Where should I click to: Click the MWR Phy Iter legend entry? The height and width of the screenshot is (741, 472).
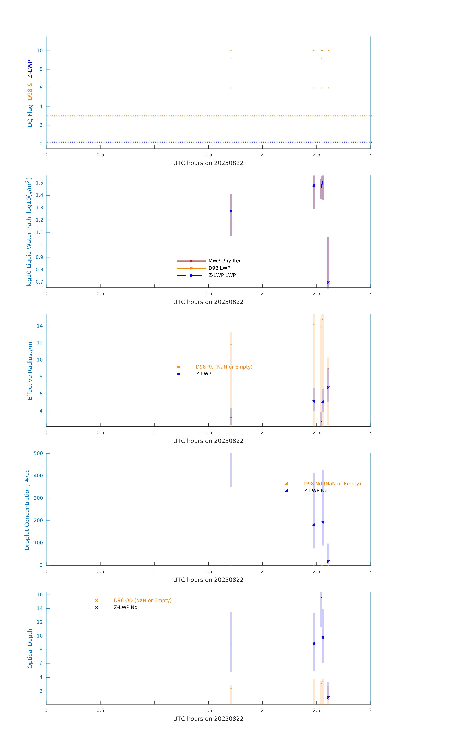coord(224,261)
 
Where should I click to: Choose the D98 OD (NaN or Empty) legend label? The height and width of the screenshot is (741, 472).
coord(143,600)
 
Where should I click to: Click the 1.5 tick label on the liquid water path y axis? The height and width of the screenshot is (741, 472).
coord(39,183)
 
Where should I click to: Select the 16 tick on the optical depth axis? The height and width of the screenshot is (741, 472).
coord(40,595)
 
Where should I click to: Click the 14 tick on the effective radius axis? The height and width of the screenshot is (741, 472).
coord(40,326)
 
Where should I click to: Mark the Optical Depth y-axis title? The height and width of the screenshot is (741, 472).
coord(30,648)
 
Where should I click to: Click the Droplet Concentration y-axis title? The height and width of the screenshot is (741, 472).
coord(27,510)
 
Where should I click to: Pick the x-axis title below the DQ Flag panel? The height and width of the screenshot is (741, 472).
coord(208,163)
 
